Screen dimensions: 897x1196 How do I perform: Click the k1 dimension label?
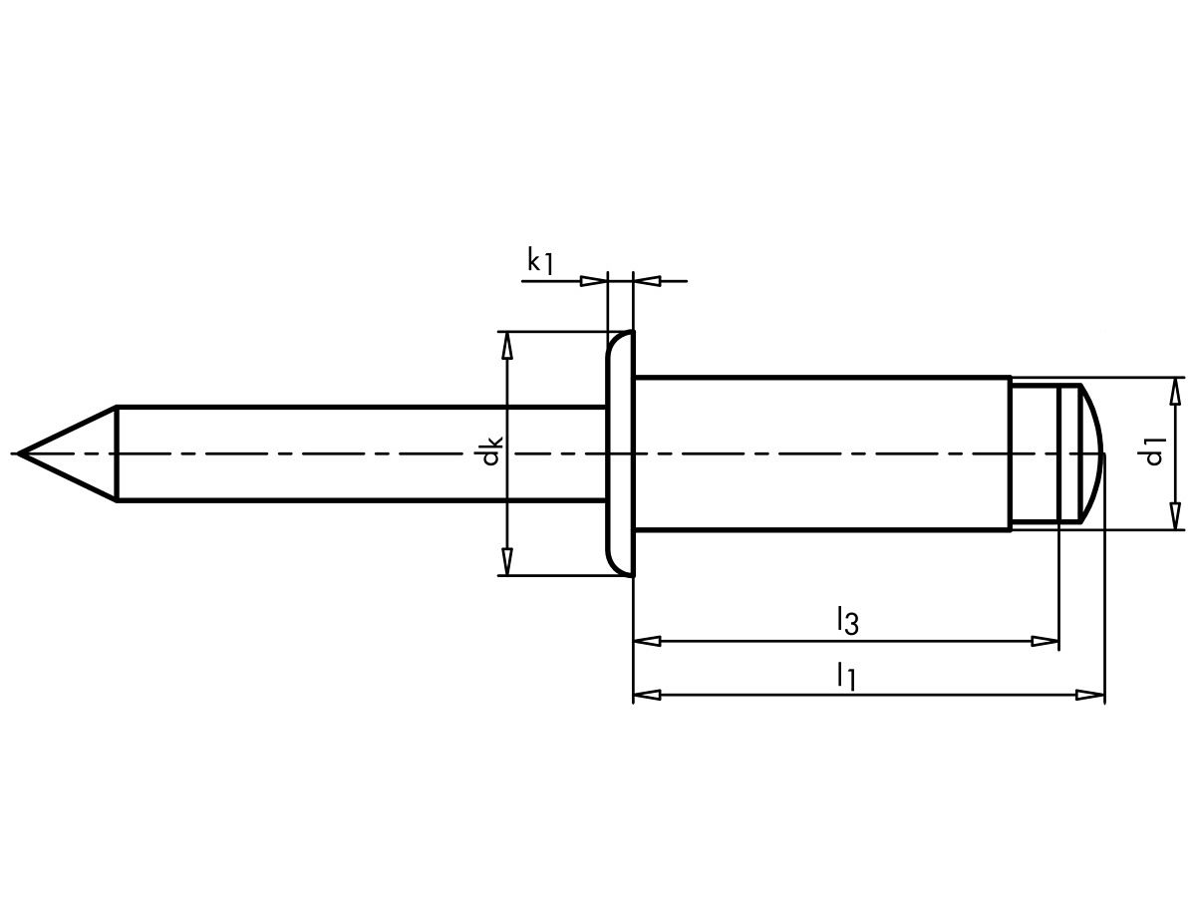click(x=540, y=262)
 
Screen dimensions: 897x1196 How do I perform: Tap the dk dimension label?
click(x=490, y=453)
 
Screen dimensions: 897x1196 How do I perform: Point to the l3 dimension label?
click(x=847, y=621)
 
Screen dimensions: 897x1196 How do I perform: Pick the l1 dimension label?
click(x=846, y=675)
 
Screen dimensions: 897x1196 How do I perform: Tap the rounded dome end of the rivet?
click(x=1090, y=453)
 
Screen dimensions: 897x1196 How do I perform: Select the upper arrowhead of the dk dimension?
click(x=507, y=345)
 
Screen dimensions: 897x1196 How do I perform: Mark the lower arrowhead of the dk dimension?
click(x=507, y=562)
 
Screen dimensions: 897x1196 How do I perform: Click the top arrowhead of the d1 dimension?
click(x=1177, y=391)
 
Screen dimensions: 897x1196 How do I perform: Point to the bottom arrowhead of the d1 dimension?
click(x=1177, y=516)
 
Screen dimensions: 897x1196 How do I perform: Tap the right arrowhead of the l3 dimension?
click(x=1045, y=641)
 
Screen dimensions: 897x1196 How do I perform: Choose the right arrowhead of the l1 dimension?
click(x=1091, y=695)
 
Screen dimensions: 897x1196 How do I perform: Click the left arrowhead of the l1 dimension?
click(x=647, y=695)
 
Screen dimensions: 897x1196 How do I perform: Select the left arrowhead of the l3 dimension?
click(x=647, y=641)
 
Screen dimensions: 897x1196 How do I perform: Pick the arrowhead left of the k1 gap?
click(x=594, y=281)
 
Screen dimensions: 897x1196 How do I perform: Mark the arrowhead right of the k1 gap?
click(x=647, y=281)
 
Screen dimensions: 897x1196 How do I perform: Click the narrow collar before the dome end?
click(x=1034, y=453)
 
